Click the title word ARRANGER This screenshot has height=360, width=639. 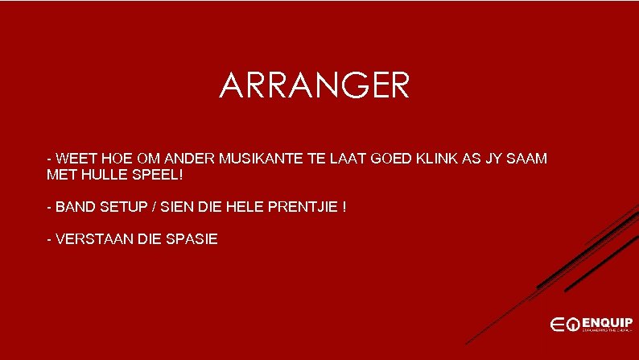pos(314,86)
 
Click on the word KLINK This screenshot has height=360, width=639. pos(434,159)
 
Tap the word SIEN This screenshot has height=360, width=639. pos(181,207)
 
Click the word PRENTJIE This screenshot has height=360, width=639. pos(301,207)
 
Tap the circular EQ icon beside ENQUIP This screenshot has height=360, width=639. pos(572,324)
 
